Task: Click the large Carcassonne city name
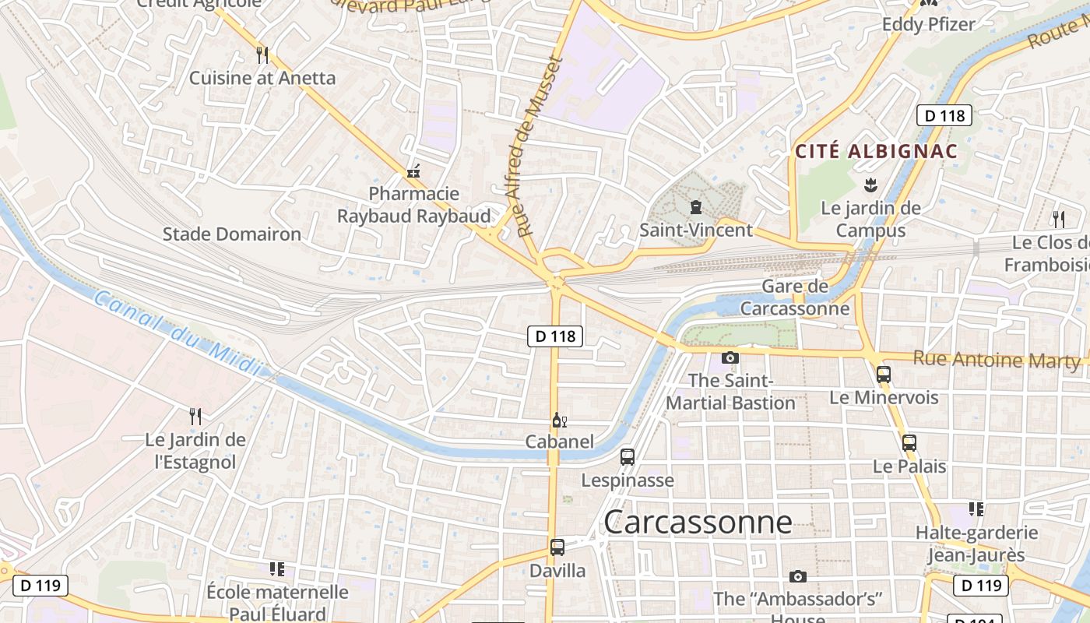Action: [x=698, y=522]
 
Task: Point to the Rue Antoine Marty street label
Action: [x=996, y=360]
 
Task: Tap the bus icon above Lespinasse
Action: [x=628, y=457]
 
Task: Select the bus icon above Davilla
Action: [x=557, y=547]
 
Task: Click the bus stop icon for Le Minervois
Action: [x=883, y=374]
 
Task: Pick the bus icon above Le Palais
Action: [x=909, y=443]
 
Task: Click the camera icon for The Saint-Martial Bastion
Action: [x=730, y=357]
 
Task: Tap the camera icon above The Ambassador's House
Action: [x=797, y=576]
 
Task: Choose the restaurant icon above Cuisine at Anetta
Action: [x=262, y=55]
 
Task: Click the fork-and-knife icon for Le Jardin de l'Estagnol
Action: [x=195, y=417]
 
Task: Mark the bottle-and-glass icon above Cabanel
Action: [x=559, y=421]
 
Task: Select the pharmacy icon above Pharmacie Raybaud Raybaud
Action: [x=413, y=171]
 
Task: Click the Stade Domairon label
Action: [x=231, y=234]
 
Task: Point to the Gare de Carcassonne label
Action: [x=794, y=297]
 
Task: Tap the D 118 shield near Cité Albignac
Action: [x=944, y=116]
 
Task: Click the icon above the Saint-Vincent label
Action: [x=695, y=207]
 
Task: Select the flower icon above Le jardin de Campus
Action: [x=870, y=185]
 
